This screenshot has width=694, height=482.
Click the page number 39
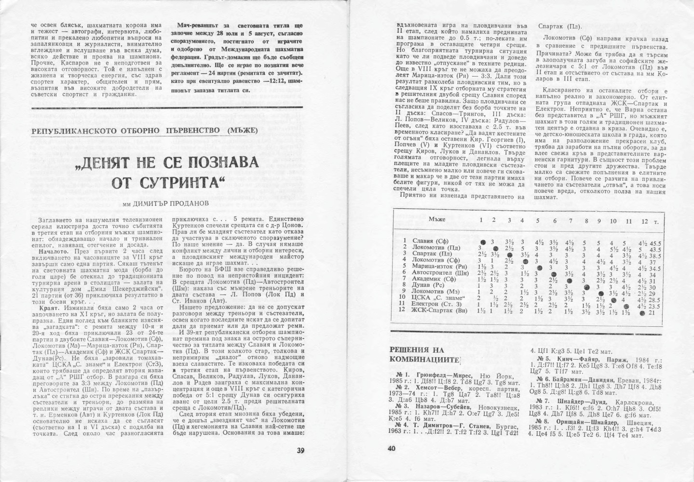[300, 451]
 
